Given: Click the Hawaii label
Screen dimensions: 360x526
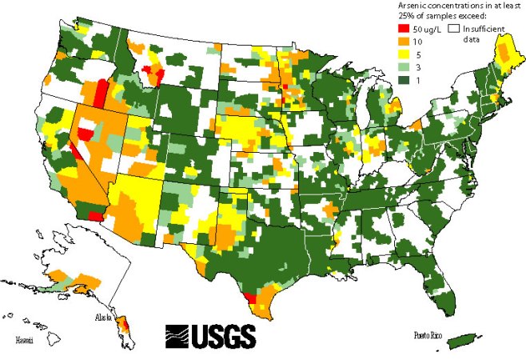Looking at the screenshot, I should (x=26, y=340).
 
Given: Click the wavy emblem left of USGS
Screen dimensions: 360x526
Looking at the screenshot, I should (x=178, y=334).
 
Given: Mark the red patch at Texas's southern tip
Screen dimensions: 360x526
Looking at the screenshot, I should (x=249, y=298).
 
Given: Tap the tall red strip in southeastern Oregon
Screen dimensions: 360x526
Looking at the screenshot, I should (x=99, y=94).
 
